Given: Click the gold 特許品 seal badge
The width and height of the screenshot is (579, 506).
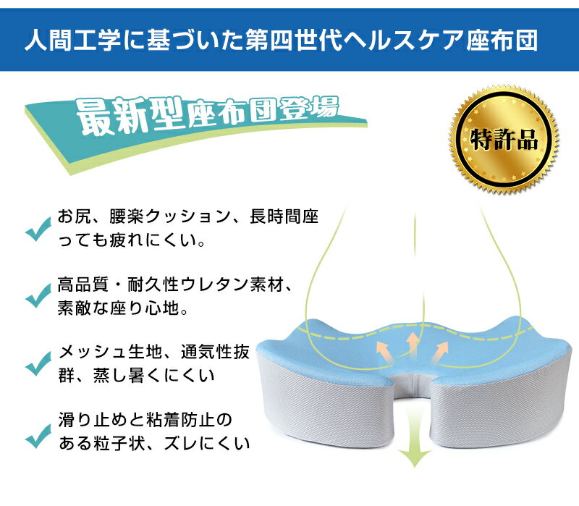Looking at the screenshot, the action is point(504,140).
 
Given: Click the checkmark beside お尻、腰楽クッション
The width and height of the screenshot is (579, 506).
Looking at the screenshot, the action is point(38,229).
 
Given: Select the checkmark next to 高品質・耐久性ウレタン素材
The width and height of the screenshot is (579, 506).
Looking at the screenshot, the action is point(38,295).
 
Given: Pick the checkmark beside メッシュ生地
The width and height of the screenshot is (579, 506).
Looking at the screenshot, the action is point(38,363).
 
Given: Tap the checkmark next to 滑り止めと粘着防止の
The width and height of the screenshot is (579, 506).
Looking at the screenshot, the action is point(38,436).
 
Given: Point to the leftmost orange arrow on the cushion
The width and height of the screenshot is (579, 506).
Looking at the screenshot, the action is point(384,351).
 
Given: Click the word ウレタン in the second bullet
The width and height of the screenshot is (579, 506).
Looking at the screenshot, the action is point(214,284).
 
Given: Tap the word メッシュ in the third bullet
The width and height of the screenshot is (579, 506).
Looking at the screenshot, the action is point(93,353).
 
